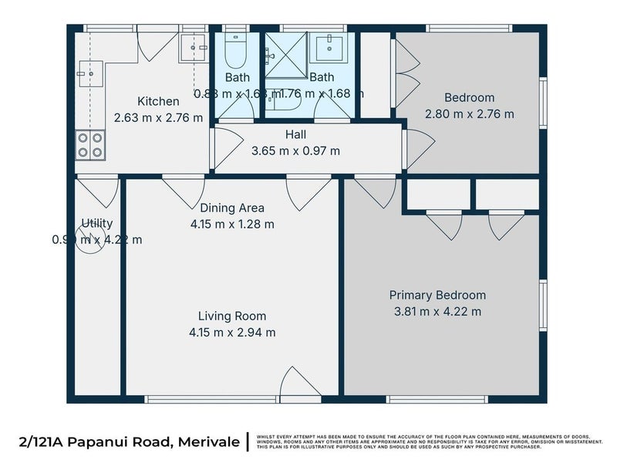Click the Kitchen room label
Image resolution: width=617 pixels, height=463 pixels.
click(158, 101)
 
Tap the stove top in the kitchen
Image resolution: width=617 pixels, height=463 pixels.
click(90, 145)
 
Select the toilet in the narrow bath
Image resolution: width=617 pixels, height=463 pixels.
click(235, 52)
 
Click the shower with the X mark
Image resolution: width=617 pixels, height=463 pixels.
click(286, 55)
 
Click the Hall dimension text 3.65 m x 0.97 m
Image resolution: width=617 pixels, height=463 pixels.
click(295, 150)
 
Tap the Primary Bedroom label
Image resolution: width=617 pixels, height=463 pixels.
click(437, 295)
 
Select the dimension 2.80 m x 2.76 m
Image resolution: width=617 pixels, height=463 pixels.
click(469, 114)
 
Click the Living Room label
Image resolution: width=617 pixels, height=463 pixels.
click(232, 316)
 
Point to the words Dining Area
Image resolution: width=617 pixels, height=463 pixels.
click(232, 208)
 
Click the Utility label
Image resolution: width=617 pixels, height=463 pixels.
click(97, 223)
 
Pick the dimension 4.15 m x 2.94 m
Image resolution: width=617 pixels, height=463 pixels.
click(232, 333)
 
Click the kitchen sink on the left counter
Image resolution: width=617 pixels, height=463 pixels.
click(86, 75)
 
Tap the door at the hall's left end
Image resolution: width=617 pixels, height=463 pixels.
click(226, 147)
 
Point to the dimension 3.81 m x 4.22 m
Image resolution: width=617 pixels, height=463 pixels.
click(437, 312)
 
